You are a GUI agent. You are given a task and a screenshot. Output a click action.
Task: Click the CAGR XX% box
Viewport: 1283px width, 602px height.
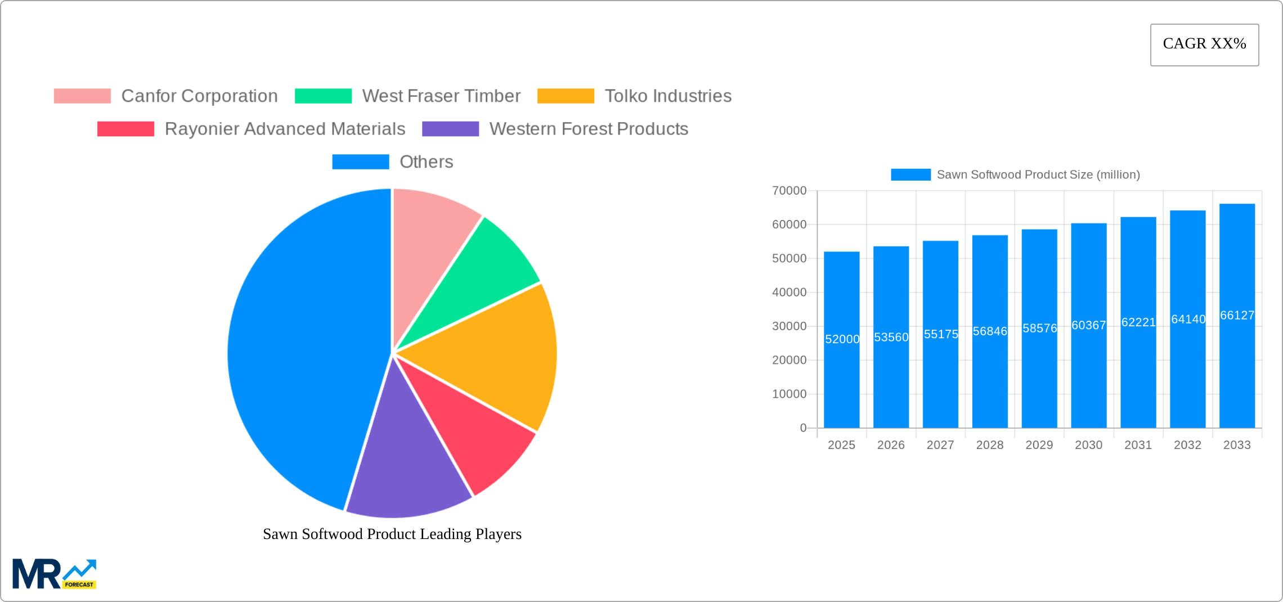click(x=1204, y=44)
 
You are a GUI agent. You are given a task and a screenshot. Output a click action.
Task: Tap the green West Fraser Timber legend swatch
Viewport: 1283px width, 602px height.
click(x=323, y=96)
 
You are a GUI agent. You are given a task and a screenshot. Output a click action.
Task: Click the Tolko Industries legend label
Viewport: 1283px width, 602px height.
click(x=668, y=96)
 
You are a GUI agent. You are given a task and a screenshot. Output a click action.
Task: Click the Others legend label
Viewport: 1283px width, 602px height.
click(x=426, y=162)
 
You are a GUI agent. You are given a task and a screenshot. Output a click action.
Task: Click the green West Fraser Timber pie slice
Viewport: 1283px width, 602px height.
click(x=478, y=270)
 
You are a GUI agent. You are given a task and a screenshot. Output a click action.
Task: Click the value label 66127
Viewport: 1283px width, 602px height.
click(x=1237, y=316)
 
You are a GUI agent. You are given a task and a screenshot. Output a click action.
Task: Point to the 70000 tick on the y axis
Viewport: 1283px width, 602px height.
click(x=789, y=191)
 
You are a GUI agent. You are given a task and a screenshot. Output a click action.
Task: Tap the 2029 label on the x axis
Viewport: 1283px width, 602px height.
click(x=1039, y=445)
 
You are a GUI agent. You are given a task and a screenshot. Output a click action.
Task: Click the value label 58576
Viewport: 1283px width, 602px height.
click(x=1039, y=328)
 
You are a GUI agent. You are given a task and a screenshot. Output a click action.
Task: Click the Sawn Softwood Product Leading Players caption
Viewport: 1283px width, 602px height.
click(x=392, y=534)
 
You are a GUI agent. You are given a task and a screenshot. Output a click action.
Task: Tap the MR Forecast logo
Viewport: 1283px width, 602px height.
click(x=54, y=574)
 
